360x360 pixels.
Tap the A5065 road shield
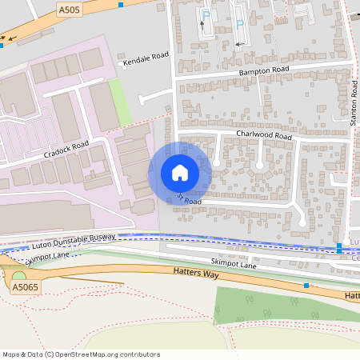pyautogui.click(x=25, y=286)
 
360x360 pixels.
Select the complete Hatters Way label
pyautogui.click(x=195, y=273)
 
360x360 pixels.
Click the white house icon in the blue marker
pyautogui.click(x=180, y=173)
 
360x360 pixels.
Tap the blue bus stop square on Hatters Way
pyautogui.click(x=306, y=285)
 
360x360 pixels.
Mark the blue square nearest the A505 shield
pyautogui.click(x=120, y=6)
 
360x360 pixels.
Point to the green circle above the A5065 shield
pyautogui.click(x=18, y=276)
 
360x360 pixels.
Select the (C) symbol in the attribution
pyautogui.click(x=50, y=354)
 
